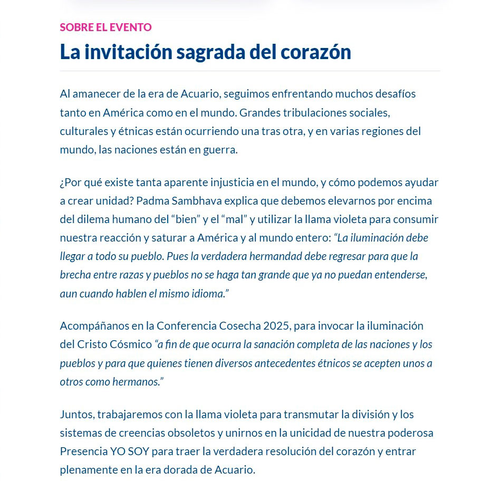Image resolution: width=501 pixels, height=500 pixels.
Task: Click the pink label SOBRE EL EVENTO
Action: [x=105, y=27]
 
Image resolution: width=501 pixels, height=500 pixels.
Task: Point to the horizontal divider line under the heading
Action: [x=249, y=71]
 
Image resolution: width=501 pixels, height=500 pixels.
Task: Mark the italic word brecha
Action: [x=74, y=275]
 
